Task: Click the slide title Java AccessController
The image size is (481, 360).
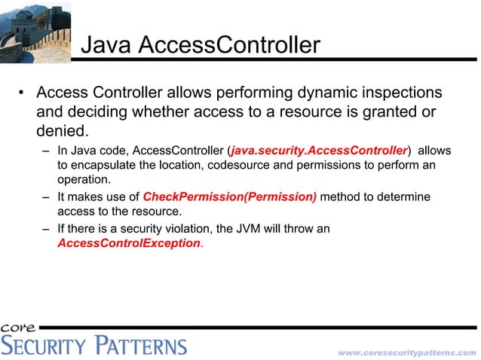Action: click(x=200, y=45)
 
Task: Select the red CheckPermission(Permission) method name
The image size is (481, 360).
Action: click(x=230, y=197)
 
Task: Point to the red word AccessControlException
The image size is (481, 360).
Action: click(x=129, y=243)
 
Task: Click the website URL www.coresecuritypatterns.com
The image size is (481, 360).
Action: click(x=406, y=352)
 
